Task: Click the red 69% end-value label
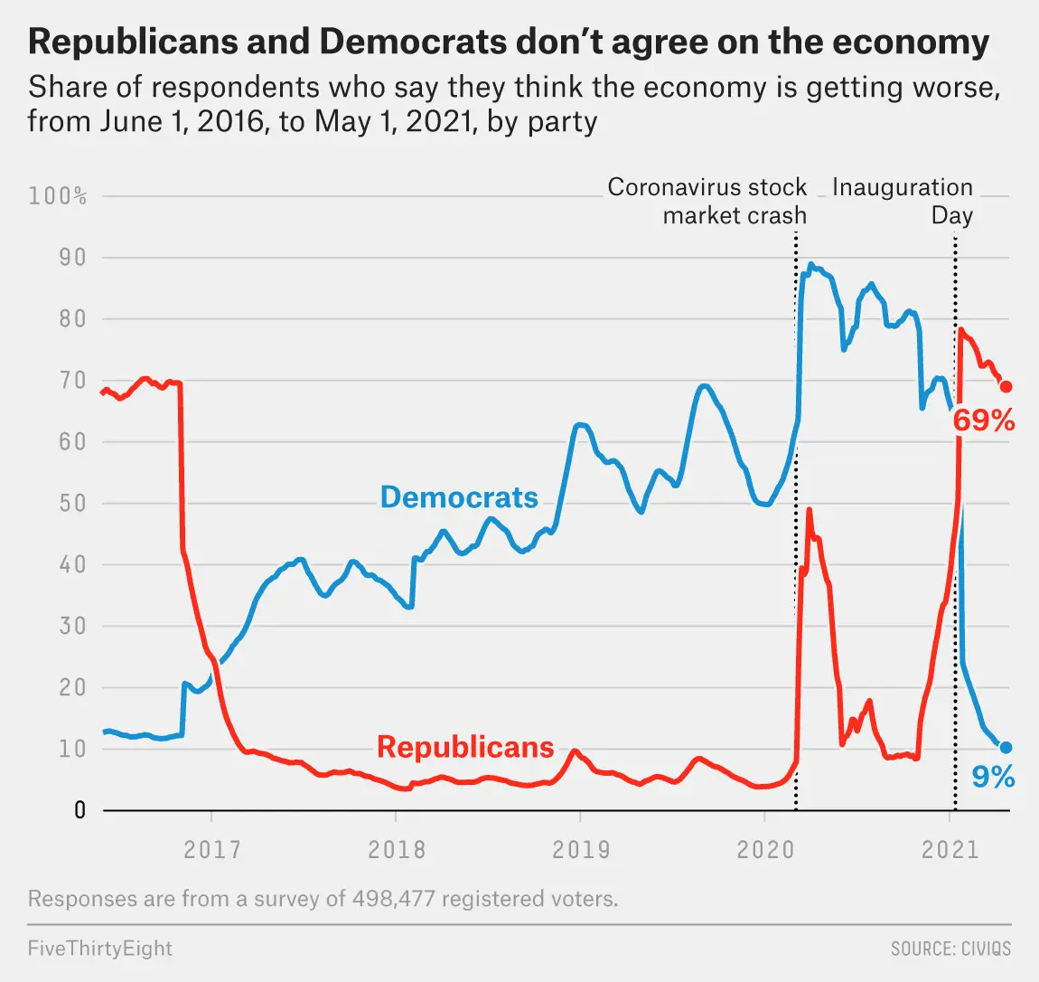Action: coord(984,420)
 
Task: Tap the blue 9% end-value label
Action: coord(993,777)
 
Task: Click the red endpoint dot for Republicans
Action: coord(1006,387)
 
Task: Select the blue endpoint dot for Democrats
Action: coord(1006,748)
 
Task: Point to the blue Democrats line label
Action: coord(459,497)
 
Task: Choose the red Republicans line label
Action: coord(465,747)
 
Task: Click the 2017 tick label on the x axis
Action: coord(212,850)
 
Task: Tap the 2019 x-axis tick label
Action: coord(581,850)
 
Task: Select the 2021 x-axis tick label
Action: coord(950,850)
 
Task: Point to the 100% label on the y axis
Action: coord(58,196)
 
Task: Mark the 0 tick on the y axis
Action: coord(80,810)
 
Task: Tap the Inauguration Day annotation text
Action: coord(903,201)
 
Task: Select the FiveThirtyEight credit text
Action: coord(99,949)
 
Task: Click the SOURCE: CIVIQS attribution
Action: coord(950,949)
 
